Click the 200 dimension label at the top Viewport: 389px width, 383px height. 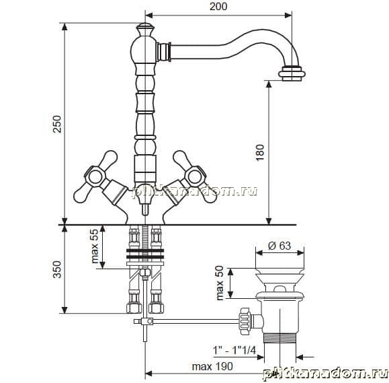[x=218, y=7]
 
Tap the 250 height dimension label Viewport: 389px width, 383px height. [x=57, y=124]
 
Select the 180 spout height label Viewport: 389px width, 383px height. [x=260, y=153]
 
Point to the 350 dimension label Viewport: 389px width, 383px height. [x=57, y=269]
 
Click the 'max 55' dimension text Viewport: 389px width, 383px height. [x=95, y=246]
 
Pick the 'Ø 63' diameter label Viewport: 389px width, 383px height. [x=279, y=246]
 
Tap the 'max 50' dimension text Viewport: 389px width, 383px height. [x=220, y=283]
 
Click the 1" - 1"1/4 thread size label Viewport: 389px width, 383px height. [x=234, y=351]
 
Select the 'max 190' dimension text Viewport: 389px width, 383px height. [x=212, y=366]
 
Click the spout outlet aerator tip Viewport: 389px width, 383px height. [x=292, y=73]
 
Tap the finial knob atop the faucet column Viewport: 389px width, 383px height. [x=145, y=29]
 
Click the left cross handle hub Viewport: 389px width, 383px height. [x=95, y=177]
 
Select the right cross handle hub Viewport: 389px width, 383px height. [x=195, y=177]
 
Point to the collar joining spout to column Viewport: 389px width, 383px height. [x=164, y=52]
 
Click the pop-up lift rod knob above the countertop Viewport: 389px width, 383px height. [x=145, y=209]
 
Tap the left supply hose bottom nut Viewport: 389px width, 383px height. [x=134, y=307]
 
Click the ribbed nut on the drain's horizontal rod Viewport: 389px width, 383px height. [x=245, y=321]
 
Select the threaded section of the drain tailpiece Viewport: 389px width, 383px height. [x=279, y=339]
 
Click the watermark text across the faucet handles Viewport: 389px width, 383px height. [x=195, y=192]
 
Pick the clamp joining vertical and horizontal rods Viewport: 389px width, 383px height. [x=147, y=321]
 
